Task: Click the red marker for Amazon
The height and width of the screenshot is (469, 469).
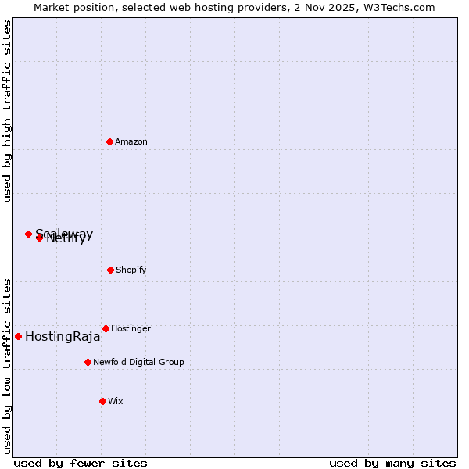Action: click(109, 141)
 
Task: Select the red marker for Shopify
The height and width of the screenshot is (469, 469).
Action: click(110, 270)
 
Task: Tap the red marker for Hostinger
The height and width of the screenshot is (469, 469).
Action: click(106, 328)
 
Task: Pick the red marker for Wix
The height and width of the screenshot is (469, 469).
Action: click(102, 401)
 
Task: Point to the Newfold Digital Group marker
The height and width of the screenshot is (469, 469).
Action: click(88, 362)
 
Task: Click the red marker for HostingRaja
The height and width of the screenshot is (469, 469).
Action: click(18, 336)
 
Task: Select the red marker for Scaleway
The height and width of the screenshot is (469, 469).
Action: click(28, 234)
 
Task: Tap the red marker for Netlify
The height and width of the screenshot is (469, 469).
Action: click(39, 238)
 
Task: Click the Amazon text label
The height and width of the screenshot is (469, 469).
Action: click(131, 141)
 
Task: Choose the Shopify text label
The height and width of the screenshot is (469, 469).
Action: click(131, 270)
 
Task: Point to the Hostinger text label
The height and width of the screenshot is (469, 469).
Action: click(131, 328)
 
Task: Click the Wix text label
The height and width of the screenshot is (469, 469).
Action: click(116, 401)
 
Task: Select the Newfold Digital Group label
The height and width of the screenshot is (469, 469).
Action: click(138, 362)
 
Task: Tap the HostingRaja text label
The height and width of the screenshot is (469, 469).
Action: click(63, 337)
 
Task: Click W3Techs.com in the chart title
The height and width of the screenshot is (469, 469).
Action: click(397, 7)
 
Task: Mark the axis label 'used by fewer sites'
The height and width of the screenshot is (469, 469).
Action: click(81, 463)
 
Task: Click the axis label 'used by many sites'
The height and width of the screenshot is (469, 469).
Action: click(392, 463)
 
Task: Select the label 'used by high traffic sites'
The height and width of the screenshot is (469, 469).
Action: click(8, 111)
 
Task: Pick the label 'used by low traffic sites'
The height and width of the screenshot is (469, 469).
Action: click(8, 365)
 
